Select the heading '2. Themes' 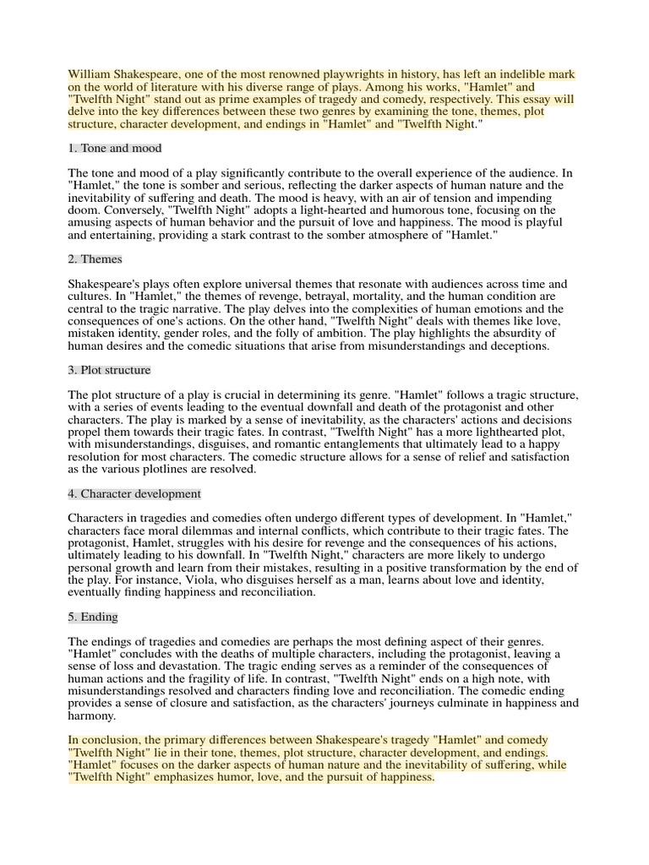95,258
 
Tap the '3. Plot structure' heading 109,370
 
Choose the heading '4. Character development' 134,493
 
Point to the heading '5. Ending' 93,617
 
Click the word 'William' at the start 90,74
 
